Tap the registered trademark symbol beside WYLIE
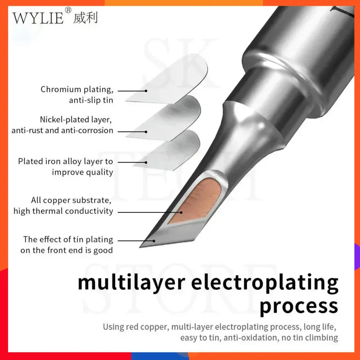tap(68, 10)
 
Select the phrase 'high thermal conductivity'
tap(63, 211)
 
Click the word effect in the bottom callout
tap(51, 240)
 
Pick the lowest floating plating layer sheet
tap(173, 148)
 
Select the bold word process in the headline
tap(299, 306)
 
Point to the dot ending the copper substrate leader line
tap(181, 211)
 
